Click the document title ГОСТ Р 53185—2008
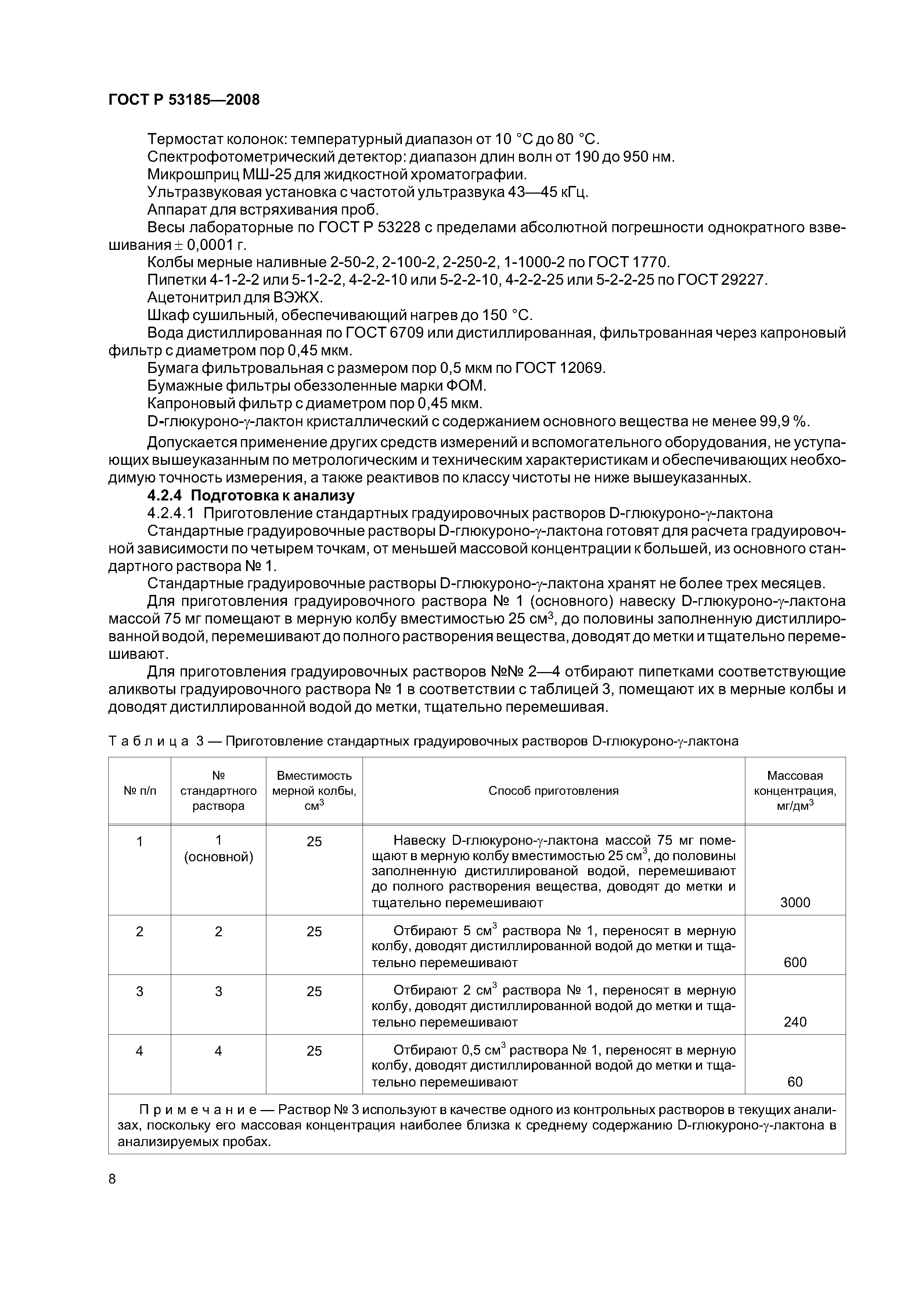coord(184,100)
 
